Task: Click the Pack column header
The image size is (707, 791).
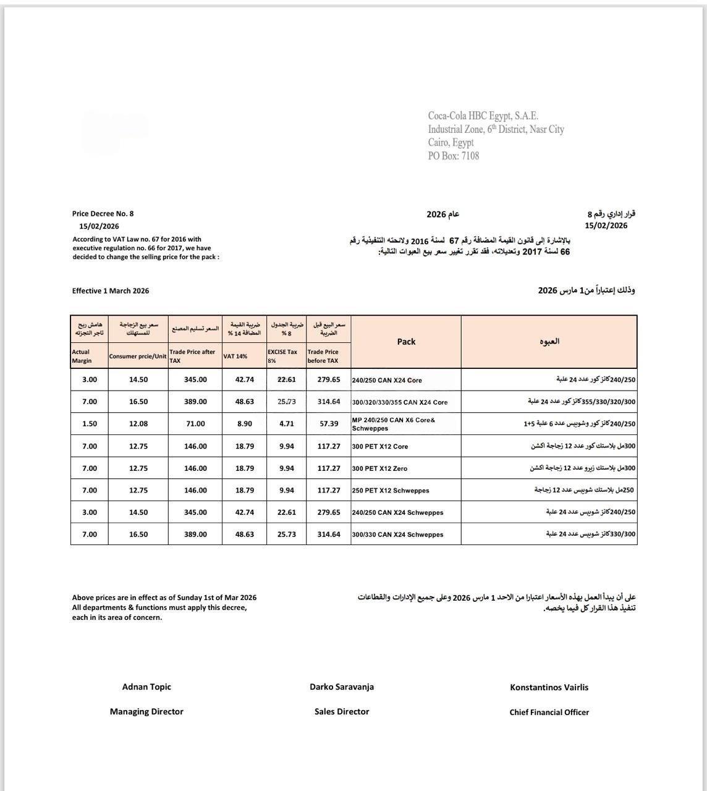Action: coord(406,342)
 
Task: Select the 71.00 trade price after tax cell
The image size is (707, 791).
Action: coord(195,424)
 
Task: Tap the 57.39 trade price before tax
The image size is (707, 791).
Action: coord(329,424)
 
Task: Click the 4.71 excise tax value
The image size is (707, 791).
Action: coord(287,424)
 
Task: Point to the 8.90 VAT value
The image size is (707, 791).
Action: coord(244,424)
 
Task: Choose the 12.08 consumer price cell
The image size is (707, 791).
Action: coord(138,424)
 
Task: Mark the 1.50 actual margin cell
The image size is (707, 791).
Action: coord(90,424)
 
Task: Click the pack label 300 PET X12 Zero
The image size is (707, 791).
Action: coord(379,468)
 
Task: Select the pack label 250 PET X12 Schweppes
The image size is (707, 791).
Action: coord(391,491)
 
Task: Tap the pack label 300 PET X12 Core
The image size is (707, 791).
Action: coord(380,446)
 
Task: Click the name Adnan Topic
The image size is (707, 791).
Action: coord(146,687)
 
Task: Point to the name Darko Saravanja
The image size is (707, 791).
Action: coord(342,687)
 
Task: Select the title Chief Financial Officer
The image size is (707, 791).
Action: coord(549,713)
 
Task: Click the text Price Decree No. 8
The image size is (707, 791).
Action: coord(103,214)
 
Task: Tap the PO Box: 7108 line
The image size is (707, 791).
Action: coord(454,156)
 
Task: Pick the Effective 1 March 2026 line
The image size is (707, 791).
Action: coord(111,291)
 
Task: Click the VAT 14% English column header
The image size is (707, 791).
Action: coord(235,357)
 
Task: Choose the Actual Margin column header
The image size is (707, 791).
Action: coord(82,356)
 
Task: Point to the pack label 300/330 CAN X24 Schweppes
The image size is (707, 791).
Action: coord(397,535)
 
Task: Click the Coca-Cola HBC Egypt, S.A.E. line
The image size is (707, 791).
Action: coord(483,116)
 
